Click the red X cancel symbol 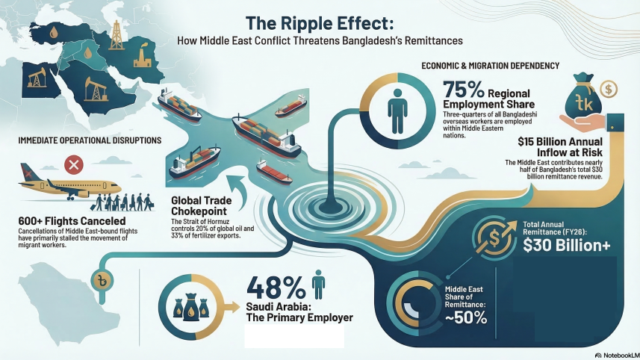(73, 164)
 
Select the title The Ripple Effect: (320, 22)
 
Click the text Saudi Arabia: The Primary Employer (299, 312)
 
